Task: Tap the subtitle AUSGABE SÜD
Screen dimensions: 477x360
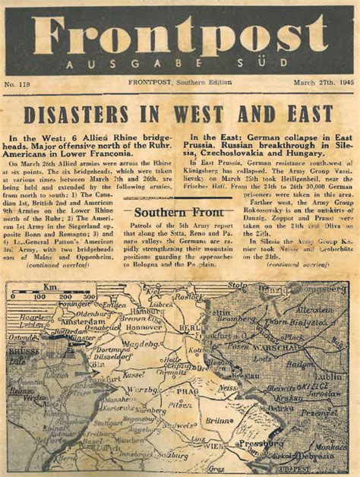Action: pos(179,65)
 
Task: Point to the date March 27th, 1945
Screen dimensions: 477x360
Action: pos(322,83)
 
